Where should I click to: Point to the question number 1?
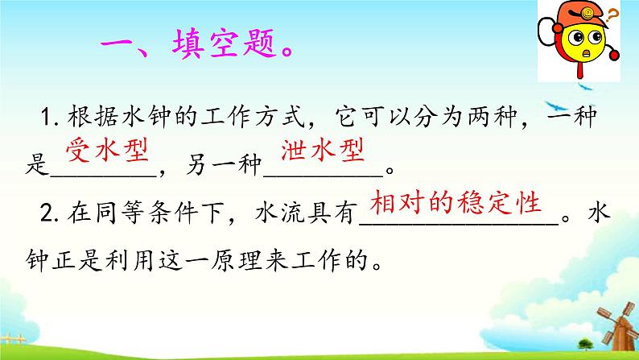pos(44,121)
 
